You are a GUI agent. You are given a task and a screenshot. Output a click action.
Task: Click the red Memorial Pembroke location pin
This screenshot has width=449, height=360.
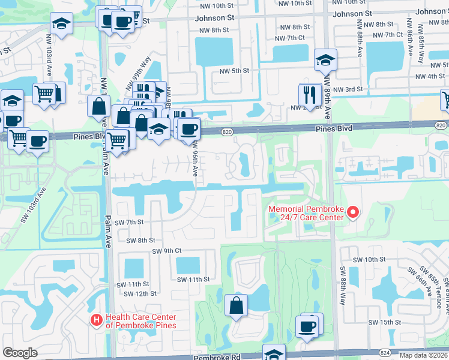(x=353, y=212)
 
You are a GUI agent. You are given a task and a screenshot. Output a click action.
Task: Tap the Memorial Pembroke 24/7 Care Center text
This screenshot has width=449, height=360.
(x=306, y=212)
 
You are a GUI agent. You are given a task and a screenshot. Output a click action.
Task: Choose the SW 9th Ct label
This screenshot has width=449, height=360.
(x=166, y=251)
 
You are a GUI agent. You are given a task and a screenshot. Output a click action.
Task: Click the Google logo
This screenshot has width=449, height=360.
(x=20, y=353)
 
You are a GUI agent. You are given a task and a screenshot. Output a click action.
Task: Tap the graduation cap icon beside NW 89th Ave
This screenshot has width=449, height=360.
(x=325, y=60)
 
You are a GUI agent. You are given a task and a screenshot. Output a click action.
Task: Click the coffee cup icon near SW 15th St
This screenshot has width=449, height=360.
(x=307, y=327)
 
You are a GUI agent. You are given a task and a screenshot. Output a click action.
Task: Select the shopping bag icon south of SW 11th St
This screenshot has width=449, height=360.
(x=237, y=305)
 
